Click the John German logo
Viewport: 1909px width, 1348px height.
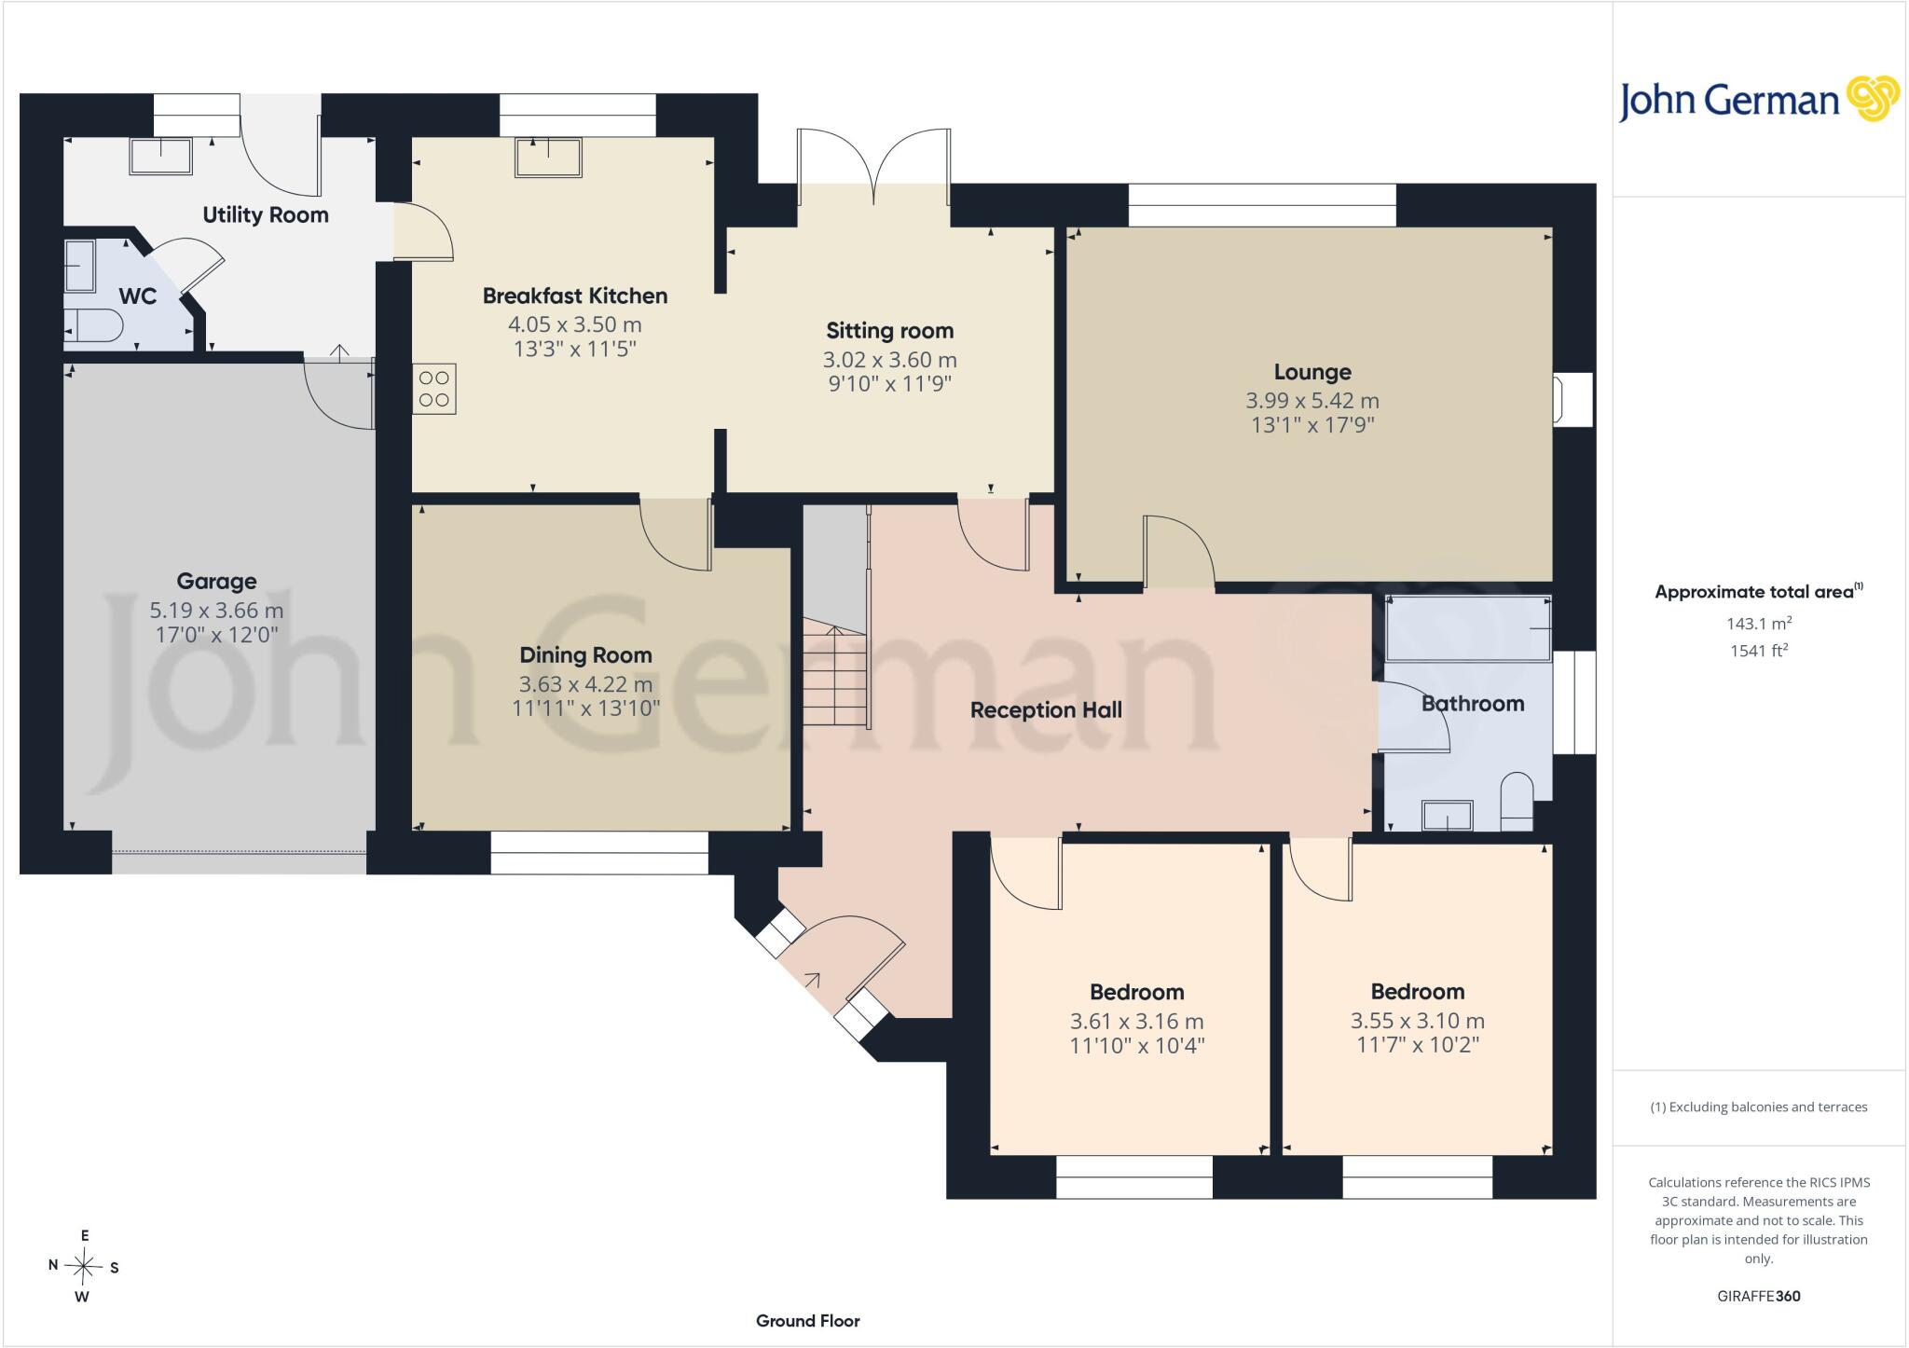point(1759,99)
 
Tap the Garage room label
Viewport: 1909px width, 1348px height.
point(216,582)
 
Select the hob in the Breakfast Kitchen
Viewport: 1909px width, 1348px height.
point(434,389)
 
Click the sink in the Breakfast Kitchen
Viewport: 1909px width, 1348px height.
point(548,157)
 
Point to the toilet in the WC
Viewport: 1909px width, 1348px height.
point(93,326)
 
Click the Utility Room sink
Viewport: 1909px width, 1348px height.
point(161,156)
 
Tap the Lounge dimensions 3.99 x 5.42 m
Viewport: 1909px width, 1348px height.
point(1312,401)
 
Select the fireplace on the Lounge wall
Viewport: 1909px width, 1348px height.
point(1573,399)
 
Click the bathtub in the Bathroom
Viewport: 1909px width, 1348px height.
point(1469,628)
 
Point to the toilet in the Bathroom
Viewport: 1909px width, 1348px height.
point(1518,801)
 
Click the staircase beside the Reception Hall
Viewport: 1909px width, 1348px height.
point(836,616)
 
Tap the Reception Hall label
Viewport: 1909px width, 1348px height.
point(1046,710)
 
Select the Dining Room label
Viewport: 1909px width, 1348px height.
point(585,655)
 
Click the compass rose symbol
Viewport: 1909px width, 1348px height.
point(84,1266)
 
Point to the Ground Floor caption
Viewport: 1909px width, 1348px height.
point(808,1321)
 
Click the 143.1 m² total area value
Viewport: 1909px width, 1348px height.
point(1759,624)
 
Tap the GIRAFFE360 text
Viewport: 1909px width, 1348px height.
point(1759,1296)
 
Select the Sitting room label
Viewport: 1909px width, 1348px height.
point(890,331)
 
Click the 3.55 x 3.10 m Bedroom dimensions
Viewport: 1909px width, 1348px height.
point(1418,1021)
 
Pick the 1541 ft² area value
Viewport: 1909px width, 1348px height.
point(1759,651)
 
